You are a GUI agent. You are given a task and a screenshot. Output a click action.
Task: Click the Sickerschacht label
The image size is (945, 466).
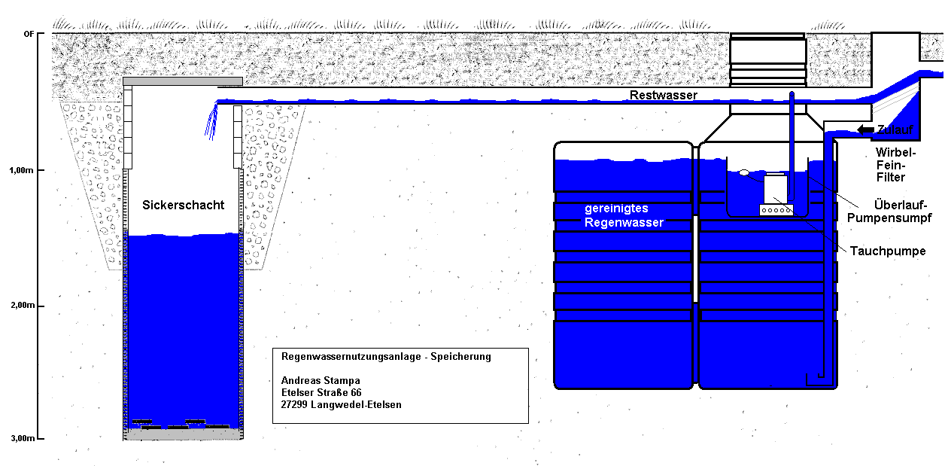click(x=183, y=205)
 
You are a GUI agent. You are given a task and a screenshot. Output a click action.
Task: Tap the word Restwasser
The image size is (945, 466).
click(x=663, y=95)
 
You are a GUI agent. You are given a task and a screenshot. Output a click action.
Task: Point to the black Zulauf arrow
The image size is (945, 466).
click(x=865, y=129)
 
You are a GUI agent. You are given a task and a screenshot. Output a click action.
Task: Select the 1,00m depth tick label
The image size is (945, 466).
click(x=22, y=171)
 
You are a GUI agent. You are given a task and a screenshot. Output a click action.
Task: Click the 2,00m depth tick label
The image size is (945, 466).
click(x=23, y=305)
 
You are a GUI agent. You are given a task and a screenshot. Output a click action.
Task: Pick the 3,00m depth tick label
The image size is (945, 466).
click(x=23, y=438)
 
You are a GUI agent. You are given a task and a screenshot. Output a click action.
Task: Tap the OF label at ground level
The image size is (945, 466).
click(x=29, y=34)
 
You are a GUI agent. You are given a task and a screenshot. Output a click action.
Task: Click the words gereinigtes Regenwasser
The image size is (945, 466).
click(x=624, y=215)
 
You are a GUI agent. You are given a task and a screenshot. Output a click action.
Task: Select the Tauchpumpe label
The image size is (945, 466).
click(x=888, y=251)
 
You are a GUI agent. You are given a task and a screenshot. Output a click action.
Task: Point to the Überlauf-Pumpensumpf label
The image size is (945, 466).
click(x=889, y=212)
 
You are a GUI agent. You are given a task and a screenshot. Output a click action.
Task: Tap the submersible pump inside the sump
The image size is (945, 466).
click(x=776, y=194)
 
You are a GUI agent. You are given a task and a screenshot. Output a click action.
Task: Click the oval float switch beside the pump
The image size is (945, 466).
click(x=744, y=172)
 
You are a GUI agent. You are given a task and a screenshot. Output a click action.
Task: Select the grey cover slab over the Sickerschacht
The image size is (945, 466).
click(x=183, y=81)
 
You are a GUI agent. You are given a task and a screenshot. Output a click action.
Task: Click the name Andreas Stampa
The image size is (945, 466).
click(x=321, y=381)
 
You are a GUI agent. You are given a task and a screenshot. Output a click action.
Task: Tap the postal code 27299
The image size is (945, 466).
click(x=294, y=405)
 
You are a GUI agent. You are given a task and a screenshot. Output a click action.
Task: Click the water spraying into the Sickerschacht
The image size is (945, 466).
click(x=211, y=121)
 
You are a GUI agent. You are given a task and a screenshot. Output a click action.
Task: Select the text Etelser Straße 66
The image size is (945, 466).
click(x=321, y=392)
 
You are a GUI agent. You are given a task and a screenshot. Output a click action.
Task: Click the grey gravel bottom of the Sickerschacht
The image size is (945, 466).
click(x=183, y=434)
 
